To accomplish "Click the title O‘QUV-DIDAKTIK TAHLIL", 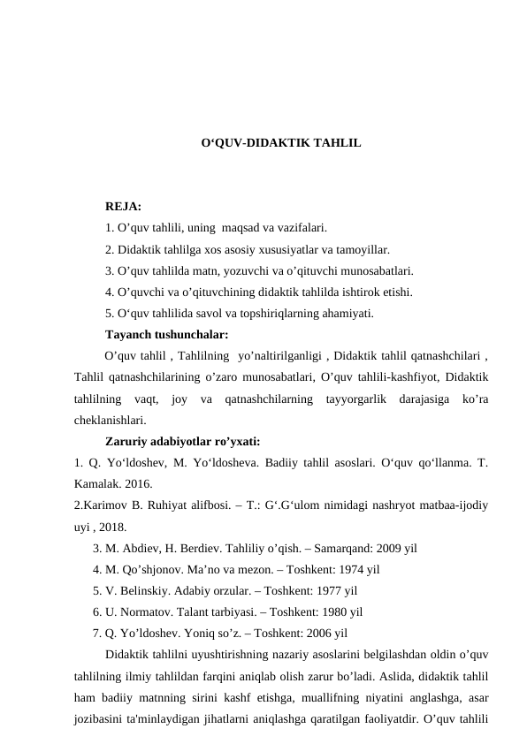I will point(279,141).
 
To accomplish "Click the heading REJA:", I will point(123,207).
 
